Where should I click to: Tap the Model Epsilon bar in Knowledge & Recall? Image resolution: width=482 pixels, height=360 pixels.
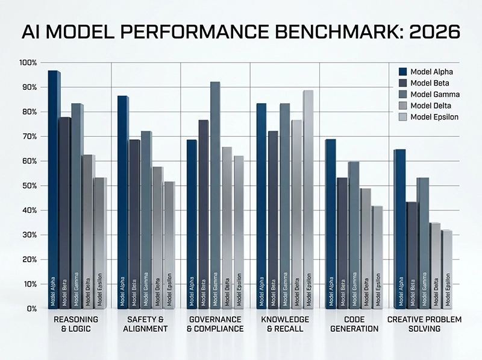point(307,199)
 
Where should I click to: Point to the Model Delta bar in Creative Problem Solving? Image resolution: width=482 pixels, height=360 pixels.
point(434,265)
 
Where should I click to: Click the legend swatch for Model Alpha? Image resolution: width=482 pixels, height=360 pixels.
point(402,72)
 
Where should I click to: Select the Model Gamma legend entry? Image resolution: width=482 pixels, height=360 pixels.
point(434,94)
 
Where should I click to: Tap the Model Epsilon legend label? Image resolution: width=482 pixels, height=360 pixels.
point(434,117)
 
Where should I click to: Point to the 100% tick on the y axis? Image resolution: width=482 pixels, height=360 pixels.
point(28,63)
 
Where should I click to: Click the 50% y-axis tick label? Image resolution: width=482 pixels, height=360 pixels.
point(29,186)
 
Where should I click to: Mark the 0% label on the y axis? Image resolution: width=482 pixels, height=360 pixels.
point(31,309)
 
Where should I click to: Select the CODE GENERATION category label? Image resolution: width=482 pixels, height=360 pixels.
point(354,324)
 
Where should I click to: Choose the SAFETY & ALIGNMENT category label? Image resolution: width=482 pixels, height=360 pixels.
point(145,324)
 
